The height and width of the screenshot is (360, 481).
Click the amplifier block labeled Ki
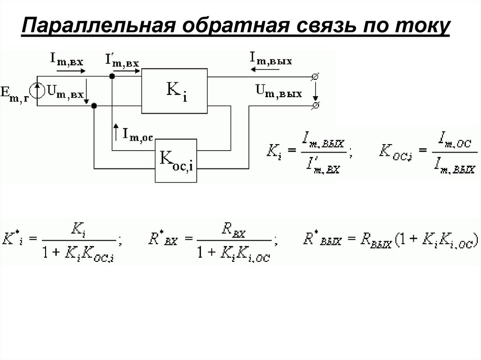click(175, 91)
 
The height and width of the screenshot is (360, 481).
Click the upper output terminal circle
click(316, 76)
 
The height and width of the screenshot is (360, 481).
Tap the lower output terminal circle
click(316, 105)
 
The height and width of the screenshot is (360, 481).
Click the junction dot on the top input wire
click(112, 76)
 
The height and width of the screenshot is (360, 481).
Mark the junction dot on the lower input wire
click(94, 106)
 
